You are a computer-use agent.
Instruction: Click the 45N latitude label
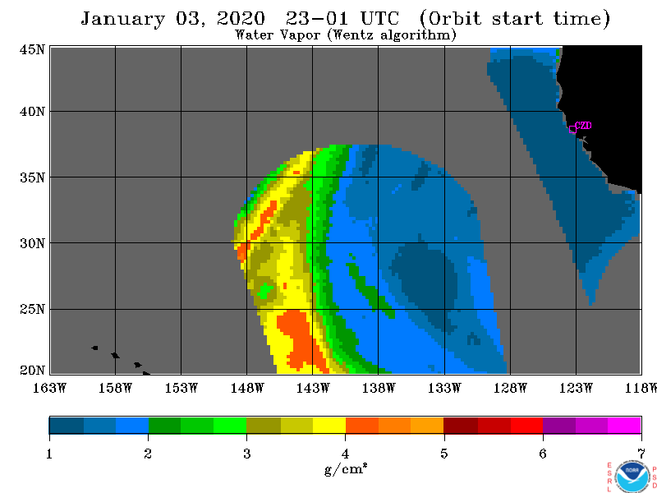tap(32, 49)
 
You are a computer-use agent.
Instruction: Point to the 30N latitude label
tap(32, 243)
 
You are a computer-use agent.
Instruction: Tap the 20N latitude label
tap(32, 371)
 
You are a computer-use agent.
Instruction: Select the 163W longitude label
tap(49, 388)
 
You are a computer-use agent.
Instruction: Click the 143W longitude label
tap(313, 388)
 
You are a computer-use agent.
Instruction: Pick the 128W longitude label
tap(510, 388)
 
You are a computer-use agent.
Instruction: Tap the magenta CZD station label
tap(583, 126)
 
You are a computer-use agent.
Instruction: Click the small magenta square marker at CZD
tap(572, 130)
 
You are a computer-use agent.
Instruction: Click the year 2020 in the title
tap(241, 19)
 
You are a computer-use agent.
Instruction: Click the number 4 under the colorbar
tap(345, 454)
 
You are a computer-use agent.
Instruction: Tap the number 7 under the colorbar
tap(641, 454)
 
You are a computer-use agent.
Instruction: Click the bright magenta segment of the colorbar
tap(624, 425)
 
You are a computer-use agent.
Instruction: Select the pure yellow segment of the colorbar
tap(329, 425)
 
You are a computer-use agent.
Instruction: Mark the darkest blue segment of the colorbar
tap(67, 425)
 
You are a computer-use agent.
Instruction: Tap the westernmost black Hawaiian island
tap(94, 348)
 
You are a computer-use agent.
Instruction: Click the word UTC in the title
tap(380, 19)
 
